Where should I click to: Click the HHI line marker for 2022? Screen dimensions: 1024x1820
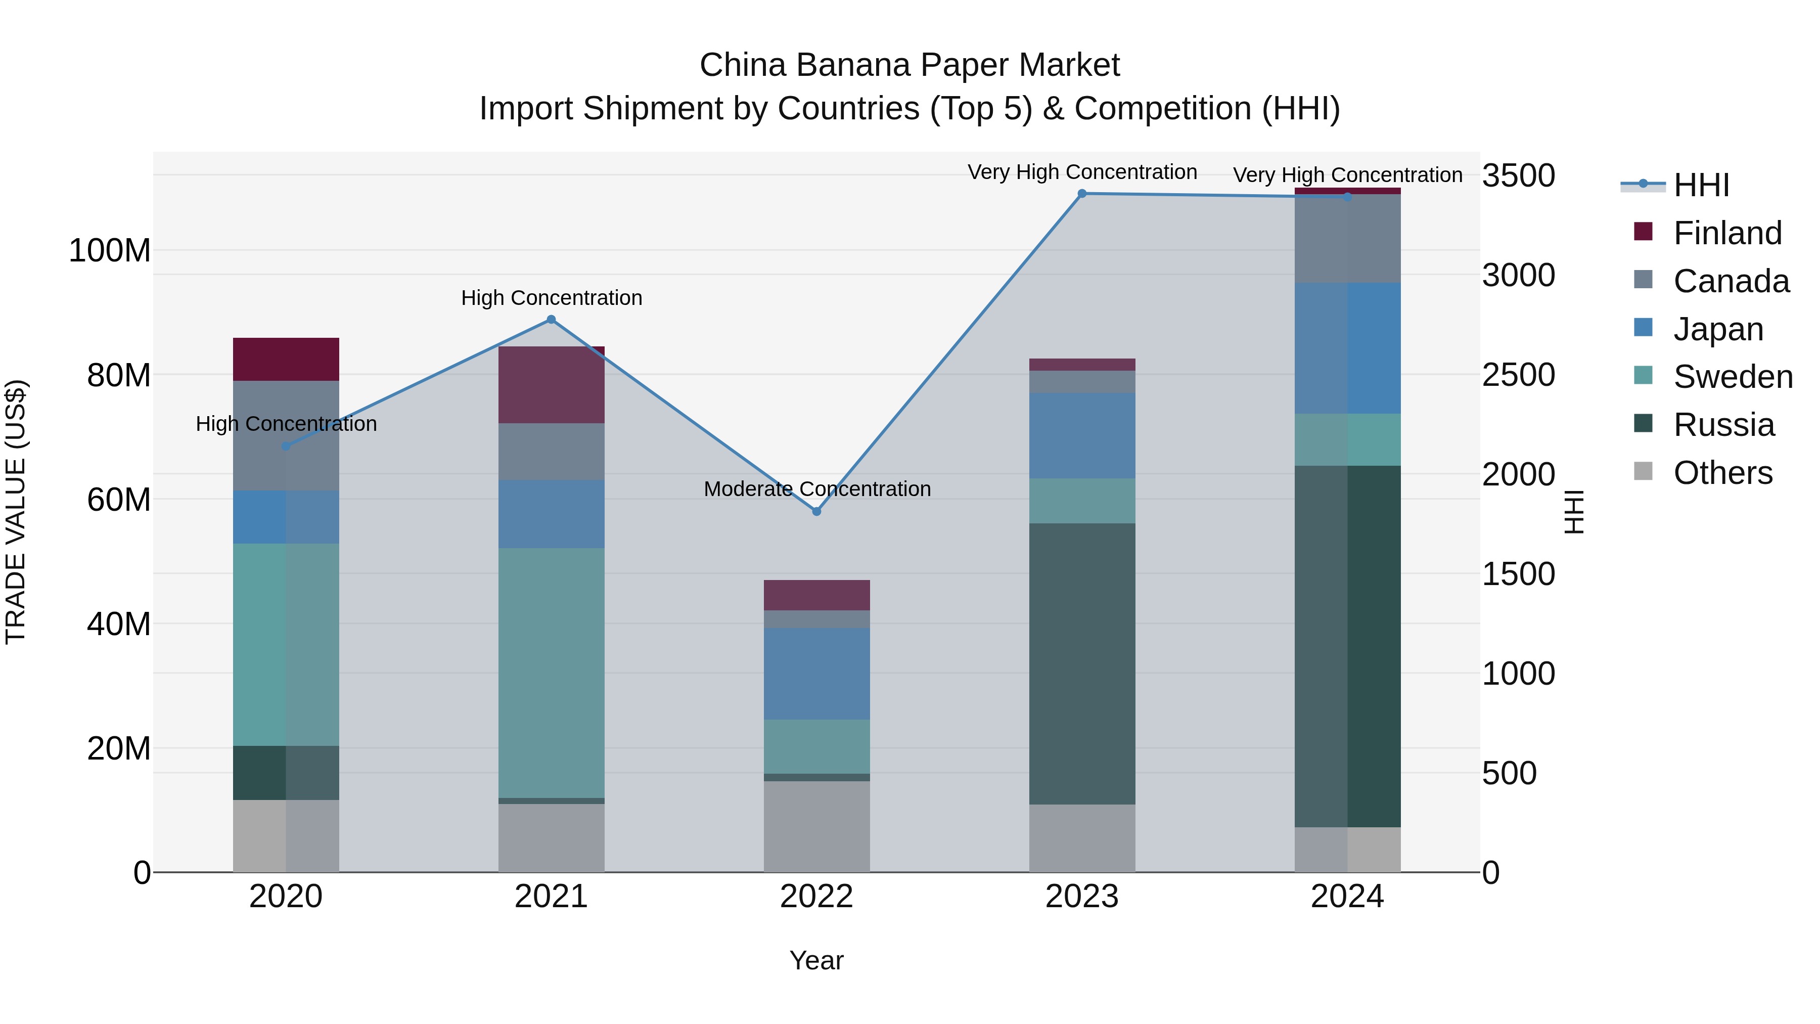tap(817, 511)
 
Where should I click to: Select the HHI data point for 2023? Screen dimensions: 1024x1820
tap(1082, 194)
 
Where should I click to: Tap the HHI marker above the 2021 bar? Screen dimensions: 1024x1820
tap(551, 320)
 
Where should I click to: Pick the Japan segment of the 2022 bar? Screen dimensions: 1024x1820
tap(817, 674)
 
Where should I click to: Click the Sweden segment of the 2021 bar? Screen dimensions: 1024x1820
tap(551, 672)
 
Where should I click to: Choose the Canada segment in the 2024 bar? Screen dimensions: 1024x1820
tap(1347, 239)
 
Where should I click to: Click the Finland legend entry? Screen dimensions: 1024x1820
tap(1727, 233)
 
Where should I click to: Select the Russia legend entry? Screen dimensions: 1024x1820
tap(1723, 425)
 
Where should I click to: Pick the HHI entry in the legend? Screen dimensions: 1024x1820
tap(1701, 185)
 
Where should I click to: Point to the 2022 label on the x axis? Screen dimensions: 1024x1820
tap(817, 897)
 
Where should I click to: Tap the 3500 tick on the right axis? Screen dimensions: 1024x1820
tap(1518, 175)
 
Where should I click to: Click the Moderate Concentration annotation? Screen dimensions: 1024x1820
tap(817, 489)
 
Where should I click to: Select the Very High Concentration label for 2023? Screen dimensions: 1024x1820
tap(1082, 172)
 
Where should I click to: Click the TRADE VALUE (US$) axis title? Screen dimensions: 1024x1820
tap(16, 512)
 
